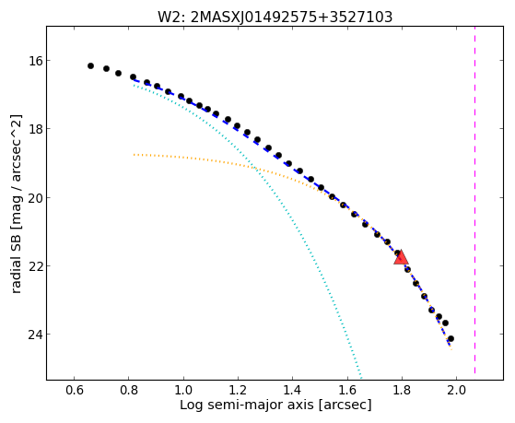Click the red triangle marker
coord(401,257)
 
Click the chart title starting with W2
coord(275,17)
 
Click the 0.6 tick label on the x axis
coord(74,390)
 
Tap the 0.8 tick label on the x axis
coord(128,390)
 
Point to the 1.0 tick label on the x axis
coord(183,390)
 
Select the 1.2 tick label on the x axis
coord(238,390)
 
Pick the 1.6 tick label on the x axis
coord(347,390)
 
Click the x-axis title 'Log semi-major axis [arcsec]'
coord(275,405)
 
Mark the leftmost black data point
coord(90,66)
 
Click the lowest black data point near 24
coord(451,338)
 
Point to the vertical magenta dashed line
coord(475,200)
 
